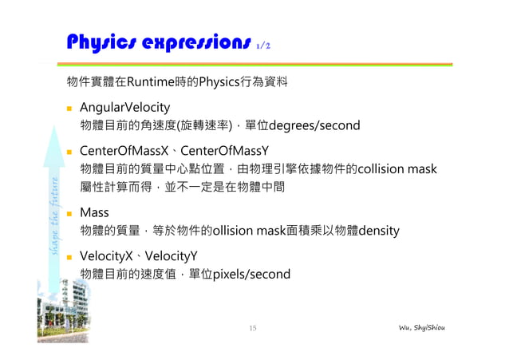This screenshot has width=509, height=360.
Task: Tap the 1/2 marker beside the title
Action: (266, 45)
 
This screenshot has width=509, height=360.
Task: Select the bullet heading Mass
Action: (95, 213)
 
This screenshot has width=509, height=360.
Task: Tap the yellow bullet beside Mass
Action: (70, 214)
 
